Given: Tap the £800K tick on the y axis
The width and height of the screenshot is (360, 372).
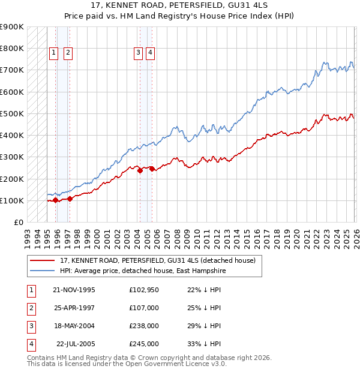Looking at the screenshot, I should pos(12,49).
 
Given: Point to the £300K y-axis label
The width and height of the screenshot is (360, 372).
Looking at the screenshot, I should pos(12,157).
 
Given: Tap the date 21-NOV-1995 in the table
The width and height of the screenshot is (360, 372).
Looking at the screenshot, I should pos(74,290).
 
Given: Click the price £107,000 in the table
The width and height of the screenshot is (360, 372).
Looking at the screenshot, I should pos(144,308).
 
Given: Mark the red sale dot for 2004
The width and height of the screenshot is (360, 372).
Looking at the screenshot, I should pos(140,170).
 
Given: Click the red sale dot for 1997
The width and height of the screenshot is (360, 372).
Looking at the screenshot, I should pos(70,199).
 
